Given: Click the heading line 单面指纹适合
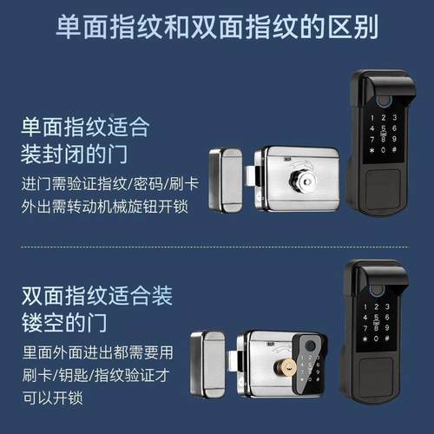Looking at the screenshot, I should pyautogui.click(x=85, y=128).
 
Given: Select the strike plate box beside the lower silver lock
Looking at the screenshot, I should pyautogui.click(x=208, y=364).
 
